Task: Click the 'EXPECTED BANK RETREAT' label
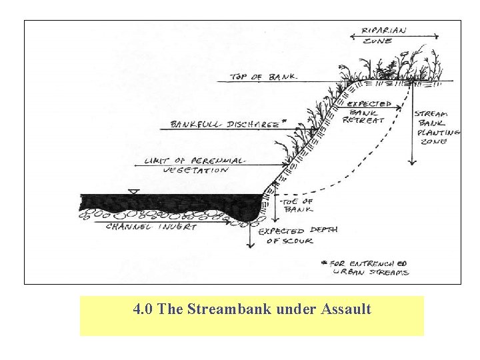[x=369, y=113]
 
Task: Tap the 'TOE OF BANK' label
[x=298, y=205]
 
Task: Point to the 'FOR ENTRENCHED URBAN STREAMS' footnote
[x=371, y=267]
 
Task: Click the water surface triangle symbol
[x=134, y=193]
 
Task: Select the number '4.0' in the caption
[x=143, y=309]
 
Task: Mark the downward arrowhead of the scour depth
[x=250, y=245]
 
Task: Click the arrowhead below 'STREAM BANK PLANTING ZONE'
[x=413, y=161]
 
